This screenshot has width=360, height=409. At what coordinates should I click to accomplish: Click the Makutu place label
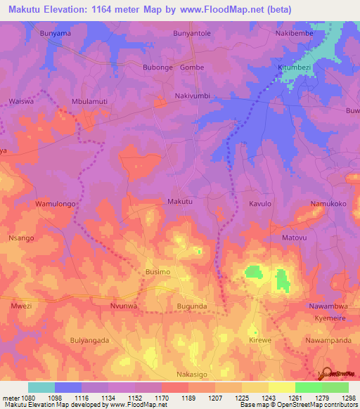click(x=180, y=202)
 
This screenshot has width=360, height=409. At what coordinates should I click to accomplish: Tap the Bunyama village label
click(x=56, y=33)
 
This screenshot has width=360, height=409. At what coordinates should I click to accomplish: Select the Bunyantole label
click(x=191, y=33)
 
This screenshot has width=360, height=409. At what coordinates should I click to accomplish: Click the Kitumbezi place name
click(x=293, y=67)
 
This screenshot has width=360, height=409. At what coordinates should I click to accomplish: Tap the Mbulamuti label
click(x=89, y=101)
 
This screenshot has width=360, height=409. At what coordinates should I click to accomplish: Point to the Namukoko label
click(x=328, y=204)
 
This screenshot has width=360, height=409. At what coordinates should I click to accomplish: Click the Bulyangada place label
click(x=89, y=340)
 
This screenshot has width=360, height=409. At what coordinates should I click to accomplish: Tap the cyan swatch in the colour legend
click(x=41, y=387)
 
